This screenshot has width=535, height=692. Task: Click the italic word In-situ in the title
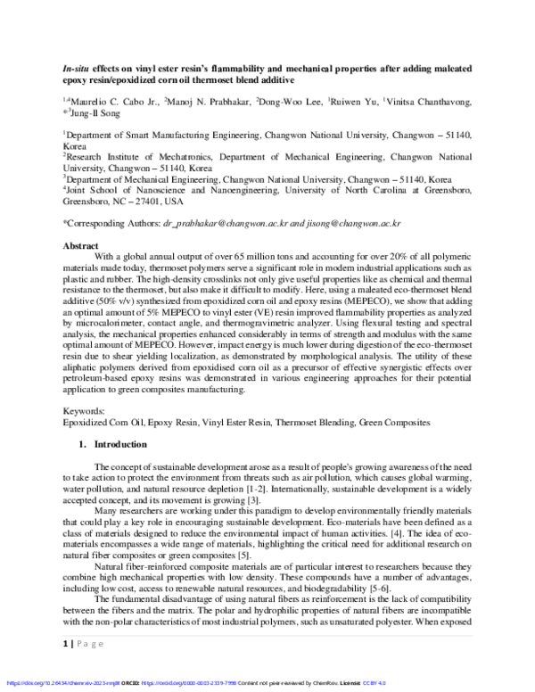75,66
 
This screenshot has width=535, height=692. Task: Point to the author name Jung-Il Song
95,113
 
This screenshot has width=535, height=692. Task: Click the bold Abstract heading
80,243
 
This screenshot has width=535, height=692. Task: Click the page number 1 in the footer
65,667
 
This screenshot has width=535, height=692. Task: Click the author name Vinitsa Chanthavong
436,102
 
